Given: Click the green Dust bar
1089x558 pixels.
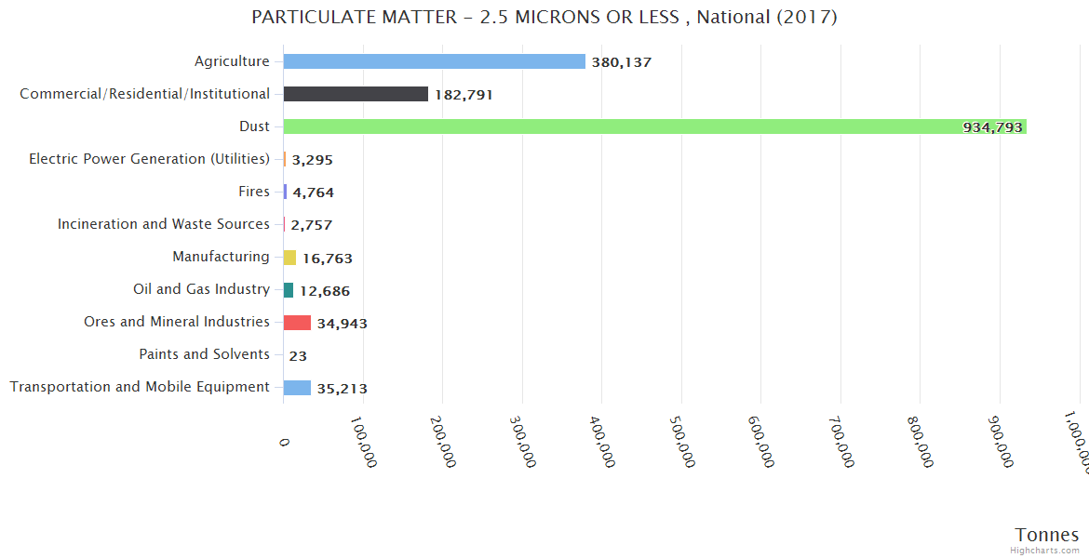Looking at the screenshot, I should (x=652, y=126).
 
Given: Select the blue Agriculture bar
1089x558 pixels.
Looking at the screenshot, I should (x=434, y=61).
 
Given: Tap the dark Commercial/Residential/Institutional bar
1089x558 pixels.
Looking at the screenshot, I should (x=356, y=94).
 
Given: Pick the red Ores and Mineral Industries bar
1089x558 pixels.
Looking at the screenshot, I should (x=297, y=322).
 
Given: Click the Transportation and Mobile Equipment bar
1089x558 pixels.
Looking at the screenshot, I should (x=297, y=387).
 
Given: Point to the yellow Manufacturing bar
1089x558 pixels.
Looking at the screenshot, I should (x=289, y=257).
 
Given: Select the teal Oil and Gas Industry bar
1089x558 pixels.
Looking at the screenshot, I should (x=289, y=289).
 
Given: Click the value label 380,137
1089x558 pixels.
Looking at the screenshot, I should (x=621, y=62).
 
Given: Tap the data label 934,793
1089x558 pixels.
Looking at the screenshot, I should (x=992, y=127).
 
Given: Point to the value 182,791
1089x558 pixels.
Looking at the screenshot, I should (x=464, y=95).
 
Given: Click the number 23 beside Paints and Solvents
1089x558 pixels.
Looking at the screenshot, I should (x=298, y=355).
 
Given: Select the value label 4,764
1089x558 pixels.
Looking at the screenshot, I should (x=313, y=193).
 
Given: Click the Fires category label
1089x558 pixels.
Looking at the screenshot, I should (x=254, y=192).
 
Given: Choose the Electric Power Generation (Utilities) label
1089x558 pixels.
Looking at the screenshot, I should (x=149, y=159).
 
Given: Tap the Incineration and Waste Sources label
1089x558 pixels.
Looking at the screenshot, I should (x=164, y=224).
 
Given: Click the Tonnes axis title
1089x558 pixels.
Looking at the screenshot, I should (x=1046, y=535).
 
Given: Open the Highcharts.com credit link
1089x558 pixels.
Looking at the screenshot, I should (x=1046, y=551).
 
